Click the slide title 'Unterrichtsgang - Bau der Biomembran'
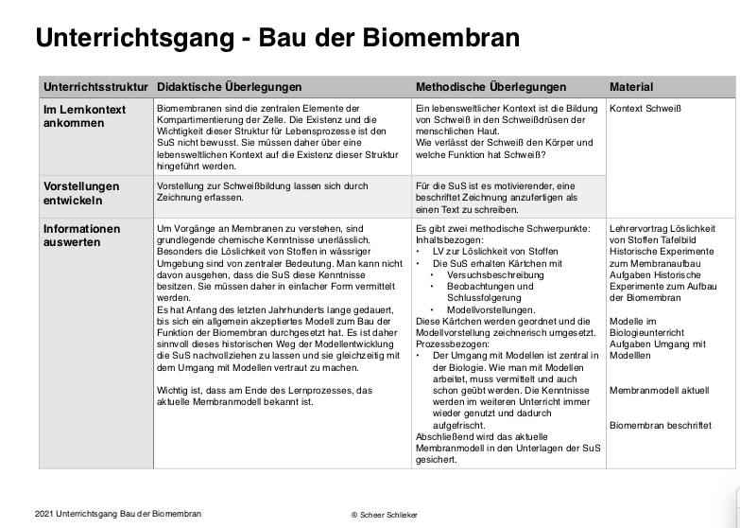(277, 38)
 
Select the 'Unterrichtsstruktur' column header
(96, 87)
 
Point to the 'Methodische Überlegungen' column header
(490, 87)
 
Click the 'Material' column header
(631, 87)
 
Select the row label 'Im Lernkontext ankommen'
(85, 116)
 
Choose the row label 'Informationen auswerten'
(82, 236)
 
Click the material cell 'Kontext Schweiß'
(645, 109)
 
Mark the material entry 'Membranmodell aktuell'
(659, 390)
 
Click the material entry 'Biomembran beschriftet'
(662, 426)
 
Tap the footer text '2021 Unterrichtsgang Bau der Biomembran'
(117, 513)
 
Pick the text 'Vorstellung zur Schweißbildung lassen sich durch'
(262, 186)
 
